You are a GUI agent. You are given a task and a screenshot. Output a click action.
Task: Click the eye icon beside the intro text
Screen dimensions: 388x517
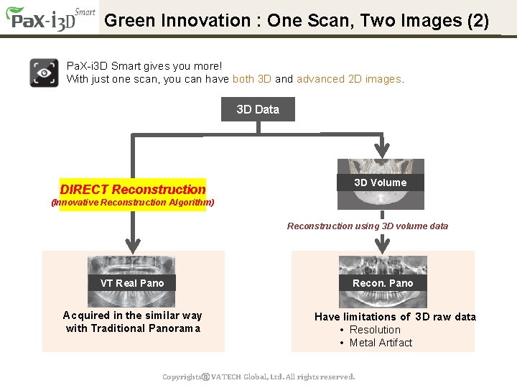click(x=44, y=73)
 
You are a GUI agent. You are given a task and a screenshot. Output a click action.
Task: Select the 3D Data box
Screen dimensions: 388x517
click(x=258, y=109)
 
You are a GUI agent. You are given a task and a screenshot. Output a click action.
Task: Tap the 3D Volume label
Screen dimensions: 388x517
click(x=380, y=183)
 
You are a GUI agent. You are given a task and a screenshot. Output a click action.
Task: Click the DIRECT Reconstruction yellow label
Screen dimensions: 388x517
click(x=133, y=190)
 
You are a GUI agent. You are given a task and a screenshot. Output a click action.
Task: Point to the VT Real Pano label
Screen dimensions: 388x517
click(x=132, y=283)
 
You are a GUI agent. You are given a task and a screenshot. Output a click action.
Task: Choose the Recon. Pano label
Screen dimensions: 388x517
click(x=383, y=283)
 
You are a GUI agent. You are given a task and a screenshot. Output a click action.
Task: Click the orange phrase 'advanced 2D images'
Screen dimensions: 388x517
click(x=349, y=79)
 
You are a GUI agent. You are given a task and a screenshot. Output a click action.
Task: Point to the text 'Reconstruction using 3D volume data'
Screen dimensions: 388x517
click(x=368, y=226)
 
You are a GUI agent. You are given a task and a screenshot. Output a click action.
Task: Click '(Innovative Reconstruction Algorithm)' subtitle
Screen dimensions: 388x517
click(x=133, y=203)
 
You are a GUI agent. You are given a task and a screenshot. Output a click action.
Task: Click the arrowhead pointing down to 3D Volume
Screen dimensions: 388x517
click(x=382, y=150)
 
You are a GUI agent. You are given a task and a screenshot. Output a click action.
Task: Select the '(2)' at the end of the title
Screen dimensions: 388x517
click(x=478, y=20)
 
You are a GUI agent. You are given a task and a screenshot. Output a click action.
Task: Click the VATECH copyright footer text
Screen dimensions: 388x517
click(x=258, y=377)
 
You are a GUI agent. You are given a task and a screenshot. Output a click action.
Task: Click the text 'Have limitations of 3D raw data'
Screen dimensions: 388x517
click(x=395, y=317)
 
